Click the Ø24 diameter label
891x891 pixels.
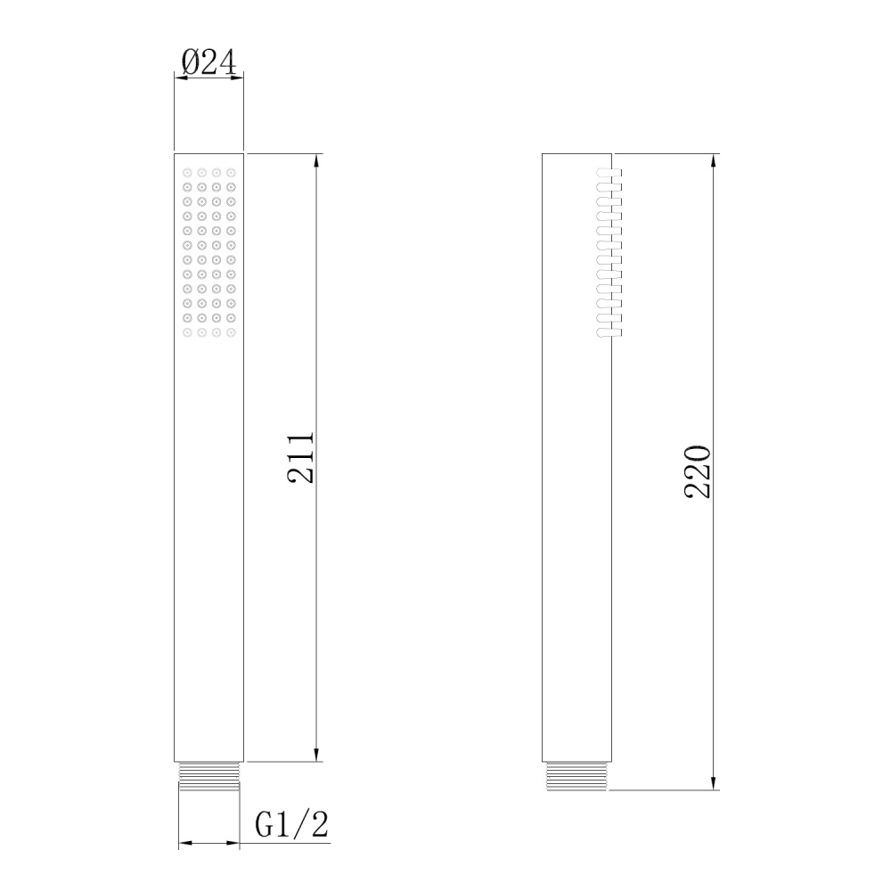tap(208, 61)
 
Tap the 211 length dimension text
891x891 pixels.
tap(300, 459)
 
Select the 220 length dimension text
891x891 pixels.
tap(698, 471)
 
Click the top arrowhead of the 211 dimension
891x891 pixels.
tap(316, 160)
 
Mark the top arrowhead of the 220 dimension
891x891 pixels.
tap(714, 160)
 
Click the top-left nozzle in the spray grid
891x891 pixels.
tap(187, 172)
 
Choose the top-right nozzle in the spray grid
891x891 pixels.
tap(231, 172)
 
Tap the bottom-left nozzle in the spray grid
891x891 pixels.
tap(187, 332)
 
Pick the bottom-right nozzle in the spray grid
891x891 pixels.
tap(231, 332)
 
